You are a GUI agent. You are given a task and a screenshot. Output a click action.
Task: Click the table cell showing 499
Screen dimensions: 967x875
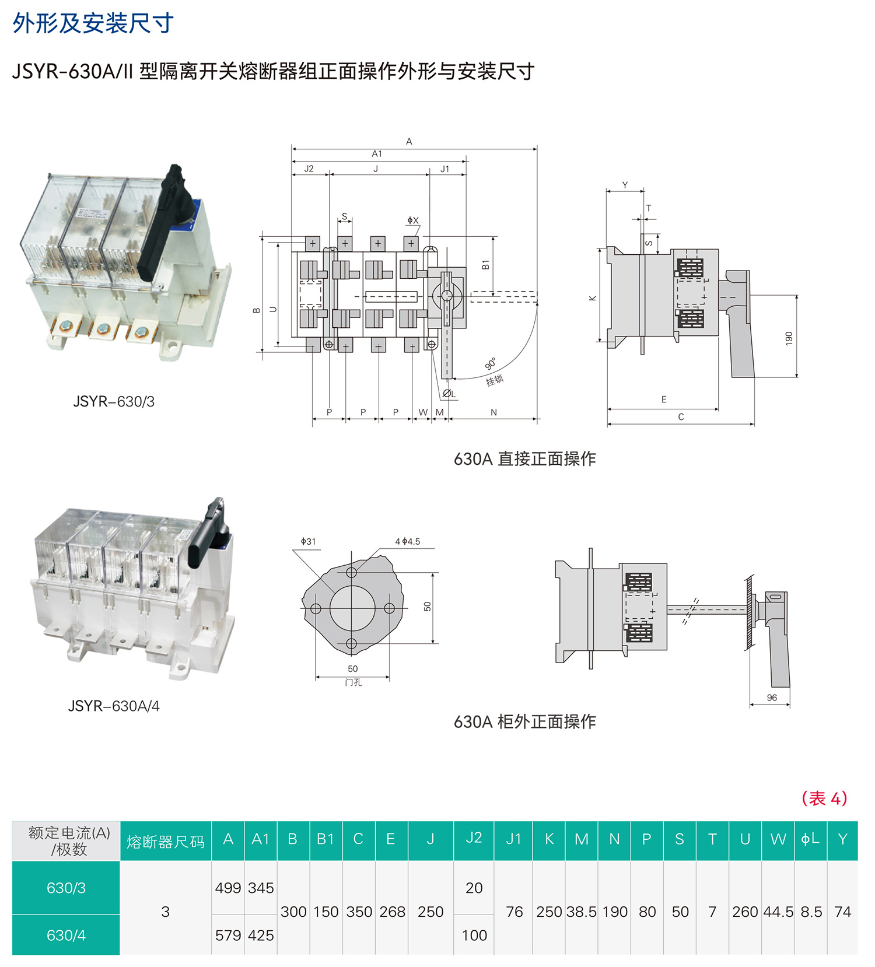pos(228,888)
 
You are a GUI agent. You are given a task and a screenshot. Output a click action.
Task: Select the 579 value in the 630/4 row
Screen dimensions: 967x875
pos(228,935)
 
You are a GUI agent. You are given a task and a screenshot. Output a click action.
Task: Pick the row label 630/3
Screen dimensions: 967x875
pos(66,888)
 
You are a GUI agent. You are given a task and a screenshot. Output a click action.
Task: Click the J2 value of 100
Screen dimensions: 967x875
pos(474,935)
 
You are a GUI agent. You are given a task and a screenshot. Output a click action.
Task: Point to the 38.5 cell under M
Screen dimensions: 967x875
pos(581,912)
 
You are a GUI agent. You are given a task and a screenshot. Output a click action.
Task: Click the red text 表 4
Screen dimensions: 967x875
pos(824,798)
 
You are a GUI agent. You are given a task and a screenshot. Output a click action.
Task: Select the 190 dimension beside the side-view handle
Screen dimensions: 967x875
pos(789,338)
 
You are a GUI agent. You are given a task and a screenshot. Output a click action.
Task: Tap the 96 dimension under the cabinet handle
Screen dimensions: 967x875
pos(772,698)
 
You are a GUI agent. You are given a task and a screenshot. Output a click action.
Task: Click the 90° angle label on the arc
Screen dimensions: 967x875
pos(491,363)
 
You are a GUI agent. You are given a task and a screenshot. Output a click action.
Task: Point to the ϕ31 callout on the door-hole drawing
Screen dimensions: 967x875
pos(308,541)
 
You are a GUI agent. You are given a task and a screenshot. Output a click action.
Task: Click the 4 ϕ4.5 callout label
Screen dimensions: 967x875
pos(407,541)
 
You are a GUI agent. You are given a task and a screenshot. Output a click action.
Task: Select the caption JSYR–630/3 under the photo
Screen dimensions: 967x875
pos(114,401)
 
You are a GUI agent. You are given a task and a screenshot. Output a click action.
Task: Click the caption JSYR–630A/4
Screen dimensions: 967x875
pos(114,706)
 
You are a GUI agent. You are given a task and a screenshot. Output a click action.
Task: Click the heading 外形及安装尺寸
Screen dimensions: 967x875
pos(93,23)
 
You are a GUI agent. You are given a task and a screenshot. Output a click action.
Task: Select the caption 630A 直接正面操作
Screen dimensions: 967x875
pos(524,458)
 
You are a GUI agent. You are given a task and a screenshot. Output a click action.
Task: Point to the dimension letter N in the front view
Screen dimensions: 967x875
pos(494,412)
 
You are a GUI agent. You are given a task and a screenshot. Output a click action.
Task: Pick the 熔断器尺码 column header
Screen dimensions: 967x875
pos(166,842)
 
